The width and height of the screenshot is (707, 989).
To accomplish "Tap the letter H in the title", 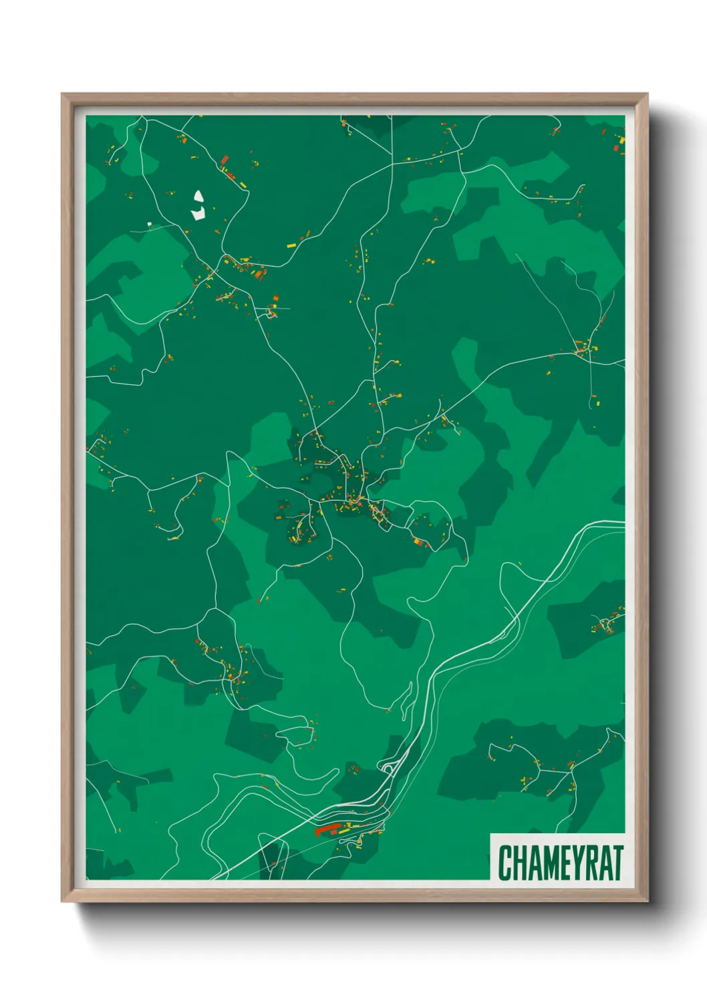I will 519,863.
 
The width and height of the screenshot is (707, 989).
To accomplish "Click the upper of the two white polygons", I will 198,197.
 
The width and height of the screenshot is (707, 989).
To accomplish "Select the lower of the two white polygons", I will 198,214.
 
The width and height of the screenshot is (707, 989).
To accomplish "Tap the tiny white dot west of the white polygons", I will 150,224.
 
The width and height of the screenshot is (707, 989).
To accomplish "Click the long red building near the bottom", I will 327,829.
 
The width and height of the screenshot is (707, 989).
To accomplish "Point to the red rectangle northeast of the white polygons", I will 225,160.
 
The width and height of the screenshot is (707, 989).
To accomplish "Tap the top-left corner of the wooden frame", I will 63,95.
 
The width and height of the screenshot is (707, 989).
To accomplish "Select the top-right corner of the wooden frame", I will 647,95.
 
